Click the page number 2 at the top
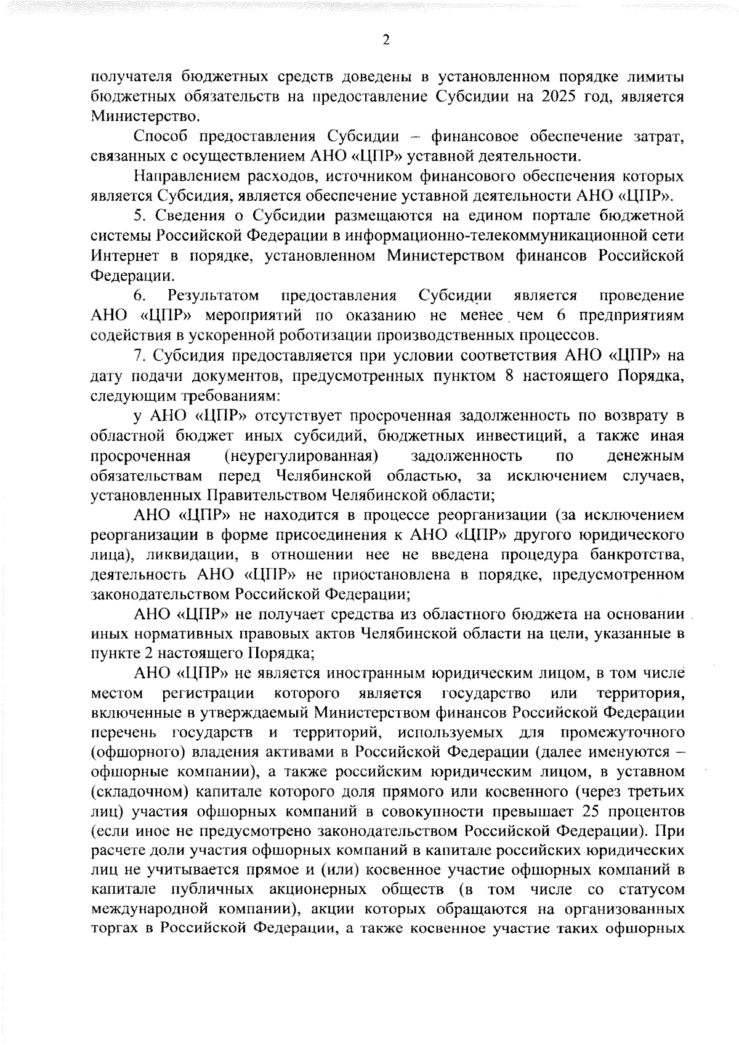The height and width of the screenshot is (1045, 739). click(x=386, y=40)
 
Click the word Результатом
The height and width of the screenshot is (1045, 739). click(x=214, y=295)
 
